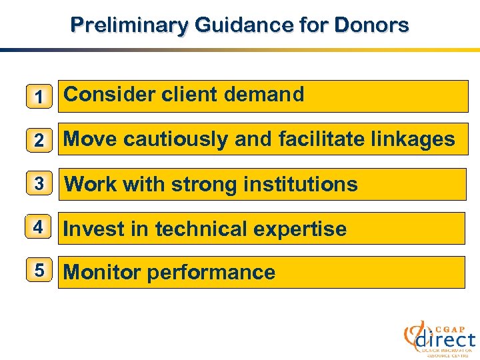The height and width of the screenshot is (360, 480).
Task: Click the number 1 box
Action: [x=39, y=97]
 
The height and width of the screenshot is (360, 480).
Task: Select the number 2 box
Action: [x=39, y=140]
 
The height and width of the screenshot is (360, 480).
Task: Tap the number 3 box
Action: [x=39, y=184]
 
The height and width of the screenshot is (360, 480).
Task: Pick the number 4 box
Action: [x=39, y=228]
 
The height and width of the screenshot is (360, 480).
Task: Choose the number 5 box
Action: [x=39, y=271]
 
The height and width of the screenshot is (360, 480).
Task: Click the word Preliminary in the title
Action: [x=129, y=25]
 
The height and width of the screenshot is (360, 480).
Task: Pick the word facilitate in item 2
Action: [x=323, y=139]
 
